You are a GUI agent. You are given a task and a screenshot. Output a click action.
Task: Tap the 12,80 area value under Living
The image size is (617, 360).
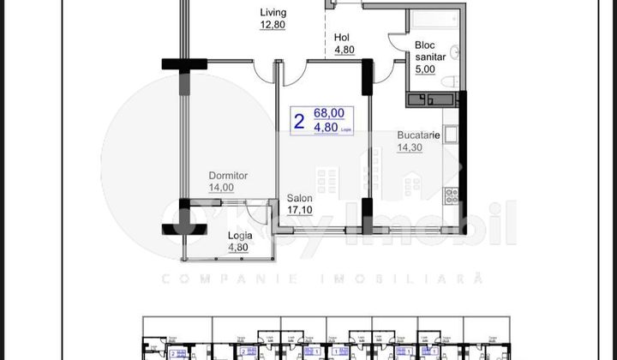point(273,25)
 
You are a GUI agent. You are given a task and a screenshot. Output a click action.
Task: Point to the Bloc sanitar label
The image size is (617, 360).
point(431,51)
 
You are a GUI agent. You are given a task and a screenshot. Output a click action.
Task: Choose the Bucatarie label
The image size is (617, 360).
point(418,135)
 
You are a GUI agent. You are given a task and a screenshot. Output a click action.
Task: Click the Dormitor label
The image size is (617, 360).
point(228,176)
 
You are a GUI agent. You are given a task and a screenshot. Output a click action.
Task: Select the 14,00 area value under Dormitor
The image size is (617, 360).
point(221,188)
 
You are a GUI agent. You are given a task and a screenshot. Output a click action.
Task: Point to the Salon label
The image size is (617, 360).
point(299,197)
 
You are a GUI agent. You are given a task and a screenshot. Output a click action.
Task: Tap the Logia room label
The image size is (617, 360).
point(240,237)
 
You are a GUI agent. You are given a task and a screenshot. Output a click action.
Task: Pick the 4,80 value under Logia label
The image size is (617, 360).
point(237,249)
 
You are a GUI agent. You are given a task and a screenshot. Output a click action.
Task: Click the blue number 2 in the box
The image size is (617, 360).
point(298,122)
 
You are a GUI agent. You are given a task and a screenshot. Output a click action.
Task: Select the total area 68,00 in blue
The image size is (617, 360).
point(329,112)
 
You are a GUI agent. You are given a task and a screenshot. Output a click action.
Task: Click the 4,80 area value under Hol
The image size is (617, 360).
point(344,50)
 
